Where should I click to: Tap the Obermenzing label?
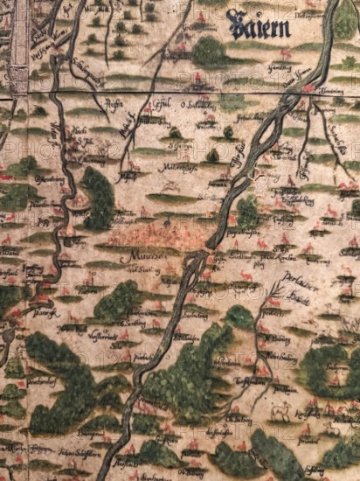click(52, 178)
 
